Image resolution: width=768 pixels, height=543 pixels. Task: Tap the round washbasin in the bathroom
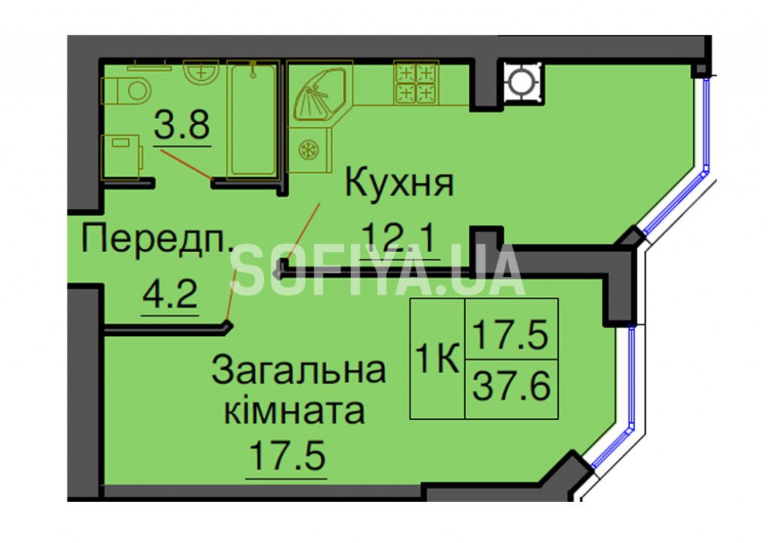coord(201,73)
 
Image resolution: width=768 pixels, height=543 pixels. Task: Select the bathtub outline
coord(253,118)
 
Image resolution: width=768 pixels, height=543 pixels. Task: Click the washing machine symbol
coord(121,157)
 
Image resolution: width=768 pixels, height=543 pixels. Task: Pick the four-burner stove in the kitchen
coord(416,82)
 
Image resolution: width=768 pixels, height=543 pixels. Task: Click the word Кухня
coord(400,182)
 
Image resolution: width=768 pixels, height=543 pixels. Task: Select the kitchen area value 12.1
coord(400,238)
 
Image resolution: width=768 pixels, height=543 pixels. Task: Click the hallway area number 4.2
coord(170,295)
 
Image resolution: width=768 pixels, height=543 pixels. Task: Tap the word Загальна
coord(298,370)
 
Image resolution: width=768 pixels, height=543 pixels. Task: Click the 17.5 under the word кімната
coord(287,455)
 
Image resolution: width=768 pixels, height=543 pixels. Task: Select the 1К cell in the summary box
coord(437,358)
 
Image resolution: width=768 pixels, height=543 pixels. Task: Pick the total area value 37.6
coord(511,385)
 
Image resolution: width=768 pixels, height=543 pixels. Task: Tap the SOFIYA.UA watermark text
coord(377,271)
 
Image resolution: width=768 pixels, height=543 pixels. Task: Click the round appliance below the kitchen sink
coord(309,149)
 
